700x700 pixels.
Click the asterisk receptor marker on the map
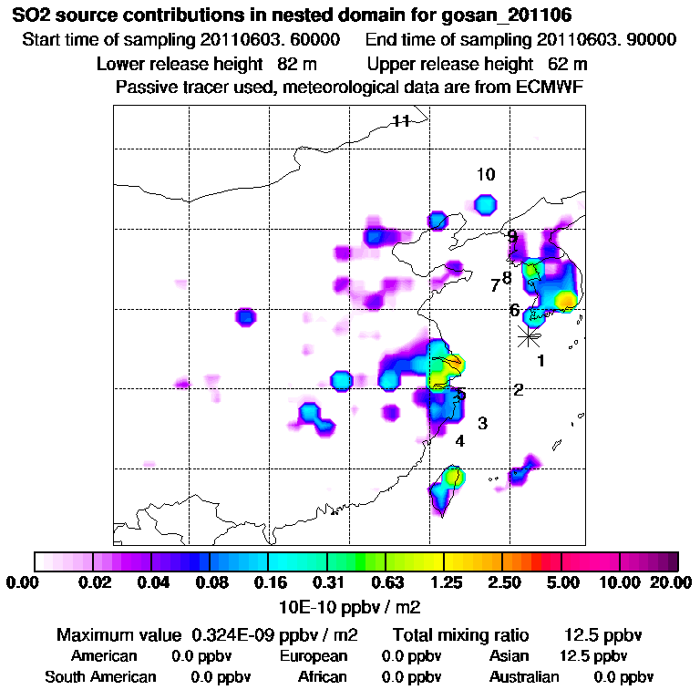click(x=528, y=336)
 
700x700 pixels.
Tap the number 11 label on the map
click(x=401, y=121)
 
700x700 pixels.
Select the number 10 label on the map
click(x=485, y=174)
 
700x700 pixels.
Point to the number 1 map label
click(x=540, y=361)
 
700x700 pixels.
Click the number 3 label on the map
click(x=482, y=424)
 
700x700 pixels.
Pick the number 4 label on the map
click(x=460, y=441)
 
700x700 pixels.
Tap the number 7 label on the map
click(x=495, y=285)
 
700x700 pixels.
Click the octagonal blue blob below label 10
click(x=487, y=204)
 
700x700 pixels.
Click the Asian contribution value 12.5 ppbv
click(x=593, y=656)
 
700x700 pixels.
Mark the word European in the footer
click(x=314, y=656)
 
